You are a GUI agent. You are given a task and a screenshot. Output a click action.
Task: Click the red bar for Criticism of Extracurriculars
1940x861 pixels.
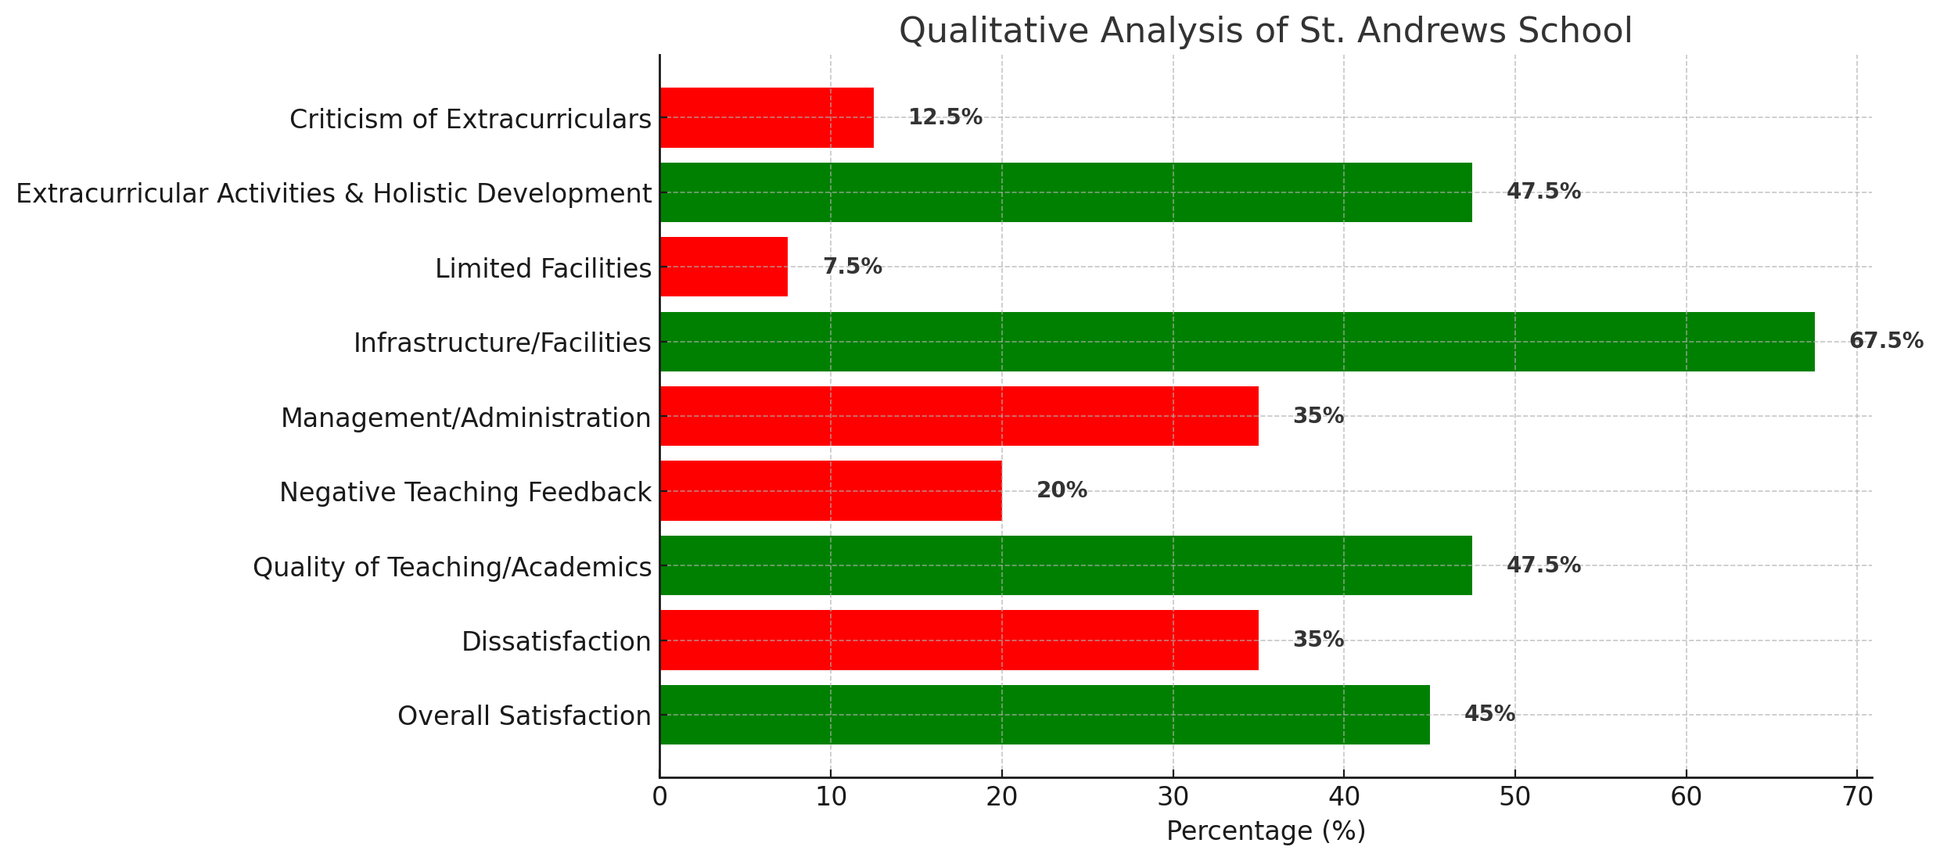(767, 117)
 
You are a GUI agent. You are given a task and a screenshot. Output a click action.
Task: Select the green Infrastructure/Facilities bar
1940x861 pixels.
(1236, 342)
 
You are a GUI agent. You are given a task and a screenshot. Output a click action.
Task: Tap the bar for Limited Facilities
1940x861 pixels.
(724, 267)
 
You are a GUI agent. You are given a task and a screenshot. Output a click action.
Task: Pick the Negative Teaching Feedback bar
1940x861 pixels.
(830, 491)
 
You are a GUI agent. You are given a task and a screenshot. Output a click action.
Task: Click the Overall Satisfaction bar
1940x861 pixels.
(1044, 715)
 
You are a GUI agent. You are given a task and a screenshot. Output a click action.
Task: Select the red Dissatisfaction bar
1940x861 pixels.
(958, 640)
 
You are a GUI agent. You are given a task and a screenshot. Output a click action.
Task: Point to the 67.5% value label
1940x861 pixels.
(1885, 341)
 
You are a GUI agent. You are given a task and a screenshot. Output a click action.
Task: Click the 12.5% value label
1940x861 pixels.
(944, 117)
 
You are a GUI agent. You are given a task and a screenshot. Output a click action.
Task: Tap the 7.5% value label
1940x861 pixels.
(852, 267)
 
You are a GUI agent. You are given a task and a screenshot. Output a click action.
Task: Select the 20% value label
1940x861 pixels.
(1062, 490)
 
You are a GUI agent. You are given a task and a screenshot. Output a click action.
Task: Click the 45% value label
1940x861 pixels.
(1489, 714)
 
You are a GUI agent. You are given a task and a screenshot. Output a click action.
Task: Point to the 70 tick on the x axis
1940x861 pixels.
(1857, 798)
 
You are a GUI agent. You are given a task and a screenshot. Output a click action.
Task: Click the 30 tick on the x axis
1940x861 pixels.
(1173, 798)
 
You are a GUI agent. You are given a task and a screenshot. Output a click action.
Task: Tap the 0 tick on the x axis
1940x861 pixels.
(660, 798)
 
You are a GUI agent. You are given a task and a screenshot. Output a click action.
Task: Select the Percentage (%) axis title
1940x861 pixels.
(1266, 831)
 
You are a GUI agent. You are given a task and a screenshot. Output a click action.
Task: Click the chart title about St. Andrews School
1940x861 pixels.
(1265, 31)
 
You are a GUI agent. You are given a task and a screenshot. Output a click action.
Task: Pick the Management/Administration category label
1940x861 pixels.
(465, 418)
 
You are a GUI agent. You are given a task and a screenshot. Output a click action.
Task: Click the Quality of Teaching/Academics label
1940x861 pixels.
(451, 567)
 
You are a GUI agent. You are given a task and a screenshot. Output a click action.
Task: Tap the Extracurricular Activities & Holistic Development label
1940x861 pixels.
(333, 193)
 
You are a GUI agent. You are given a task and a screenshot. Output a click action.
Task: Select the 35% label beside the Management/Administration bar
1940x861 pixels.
(1318, 416)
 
